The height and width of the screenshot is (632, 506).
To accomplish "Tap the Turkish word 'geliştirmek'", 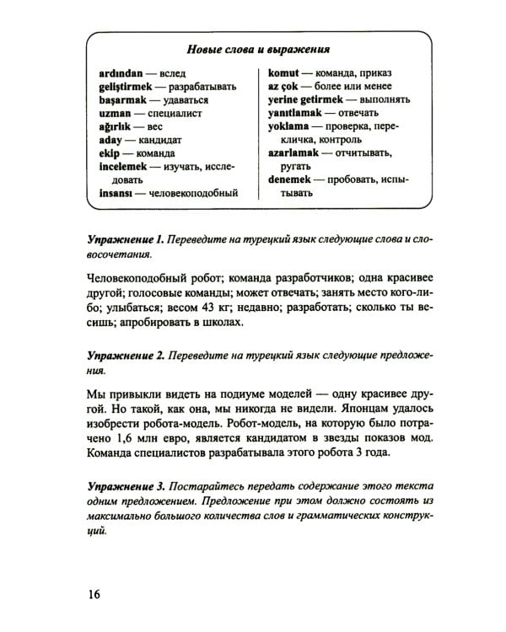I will pyautogui.click(x=116, y=87).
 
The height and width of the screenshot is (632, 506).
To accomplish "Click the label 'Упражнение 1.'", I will pyautogui.click(x=124, y=239).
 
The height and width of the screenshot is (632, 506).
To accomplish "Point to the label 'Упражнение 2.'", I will pyautogui.click(x=124, y=355).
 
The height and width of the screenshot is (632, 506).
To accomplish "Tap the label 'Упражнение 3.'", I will pyautogui.click(x=124, y=488).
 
